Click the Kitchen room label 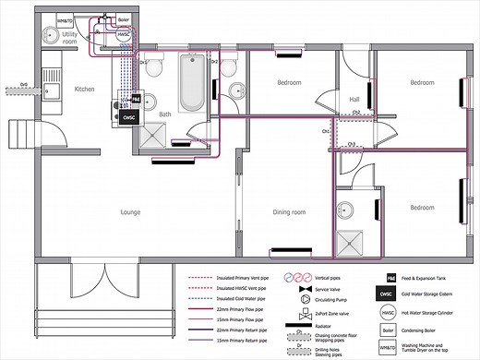pos(86,89)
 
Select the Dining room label pos(289,211)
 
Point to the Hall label pos(354,100)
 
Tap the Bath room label pos(166,114)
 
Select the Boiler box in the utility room pos(122,18)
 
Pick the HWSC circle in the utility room pos(122,37)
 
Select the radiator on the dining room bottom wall pos(290,249)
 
